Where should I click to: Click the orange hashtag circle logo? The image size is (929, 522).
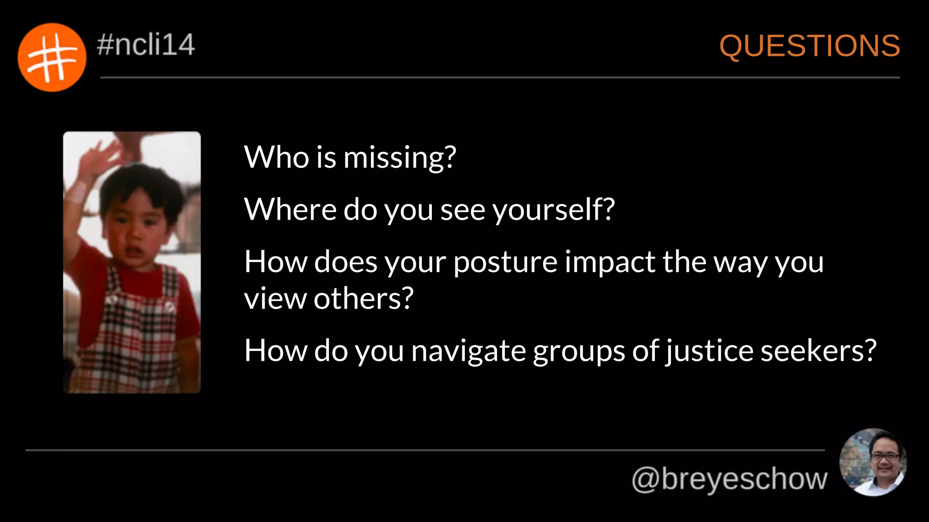coord(52,58)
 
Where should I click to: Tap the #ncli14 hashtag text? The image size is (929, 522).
coord(146,44)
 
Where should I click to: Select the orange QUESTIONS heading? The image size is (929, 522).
coord(809,46)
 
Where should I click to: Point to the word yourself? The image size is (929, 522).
coord(553,210)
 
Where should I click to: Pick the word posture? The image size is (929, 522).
coord(505,262)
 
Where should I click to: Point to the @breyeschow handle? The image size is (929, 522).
coord(729,479)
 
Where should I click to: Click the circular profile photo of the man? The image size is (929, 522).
coord(873,462)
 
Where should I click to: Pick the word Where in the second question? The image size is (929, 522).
coord(290,210)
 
